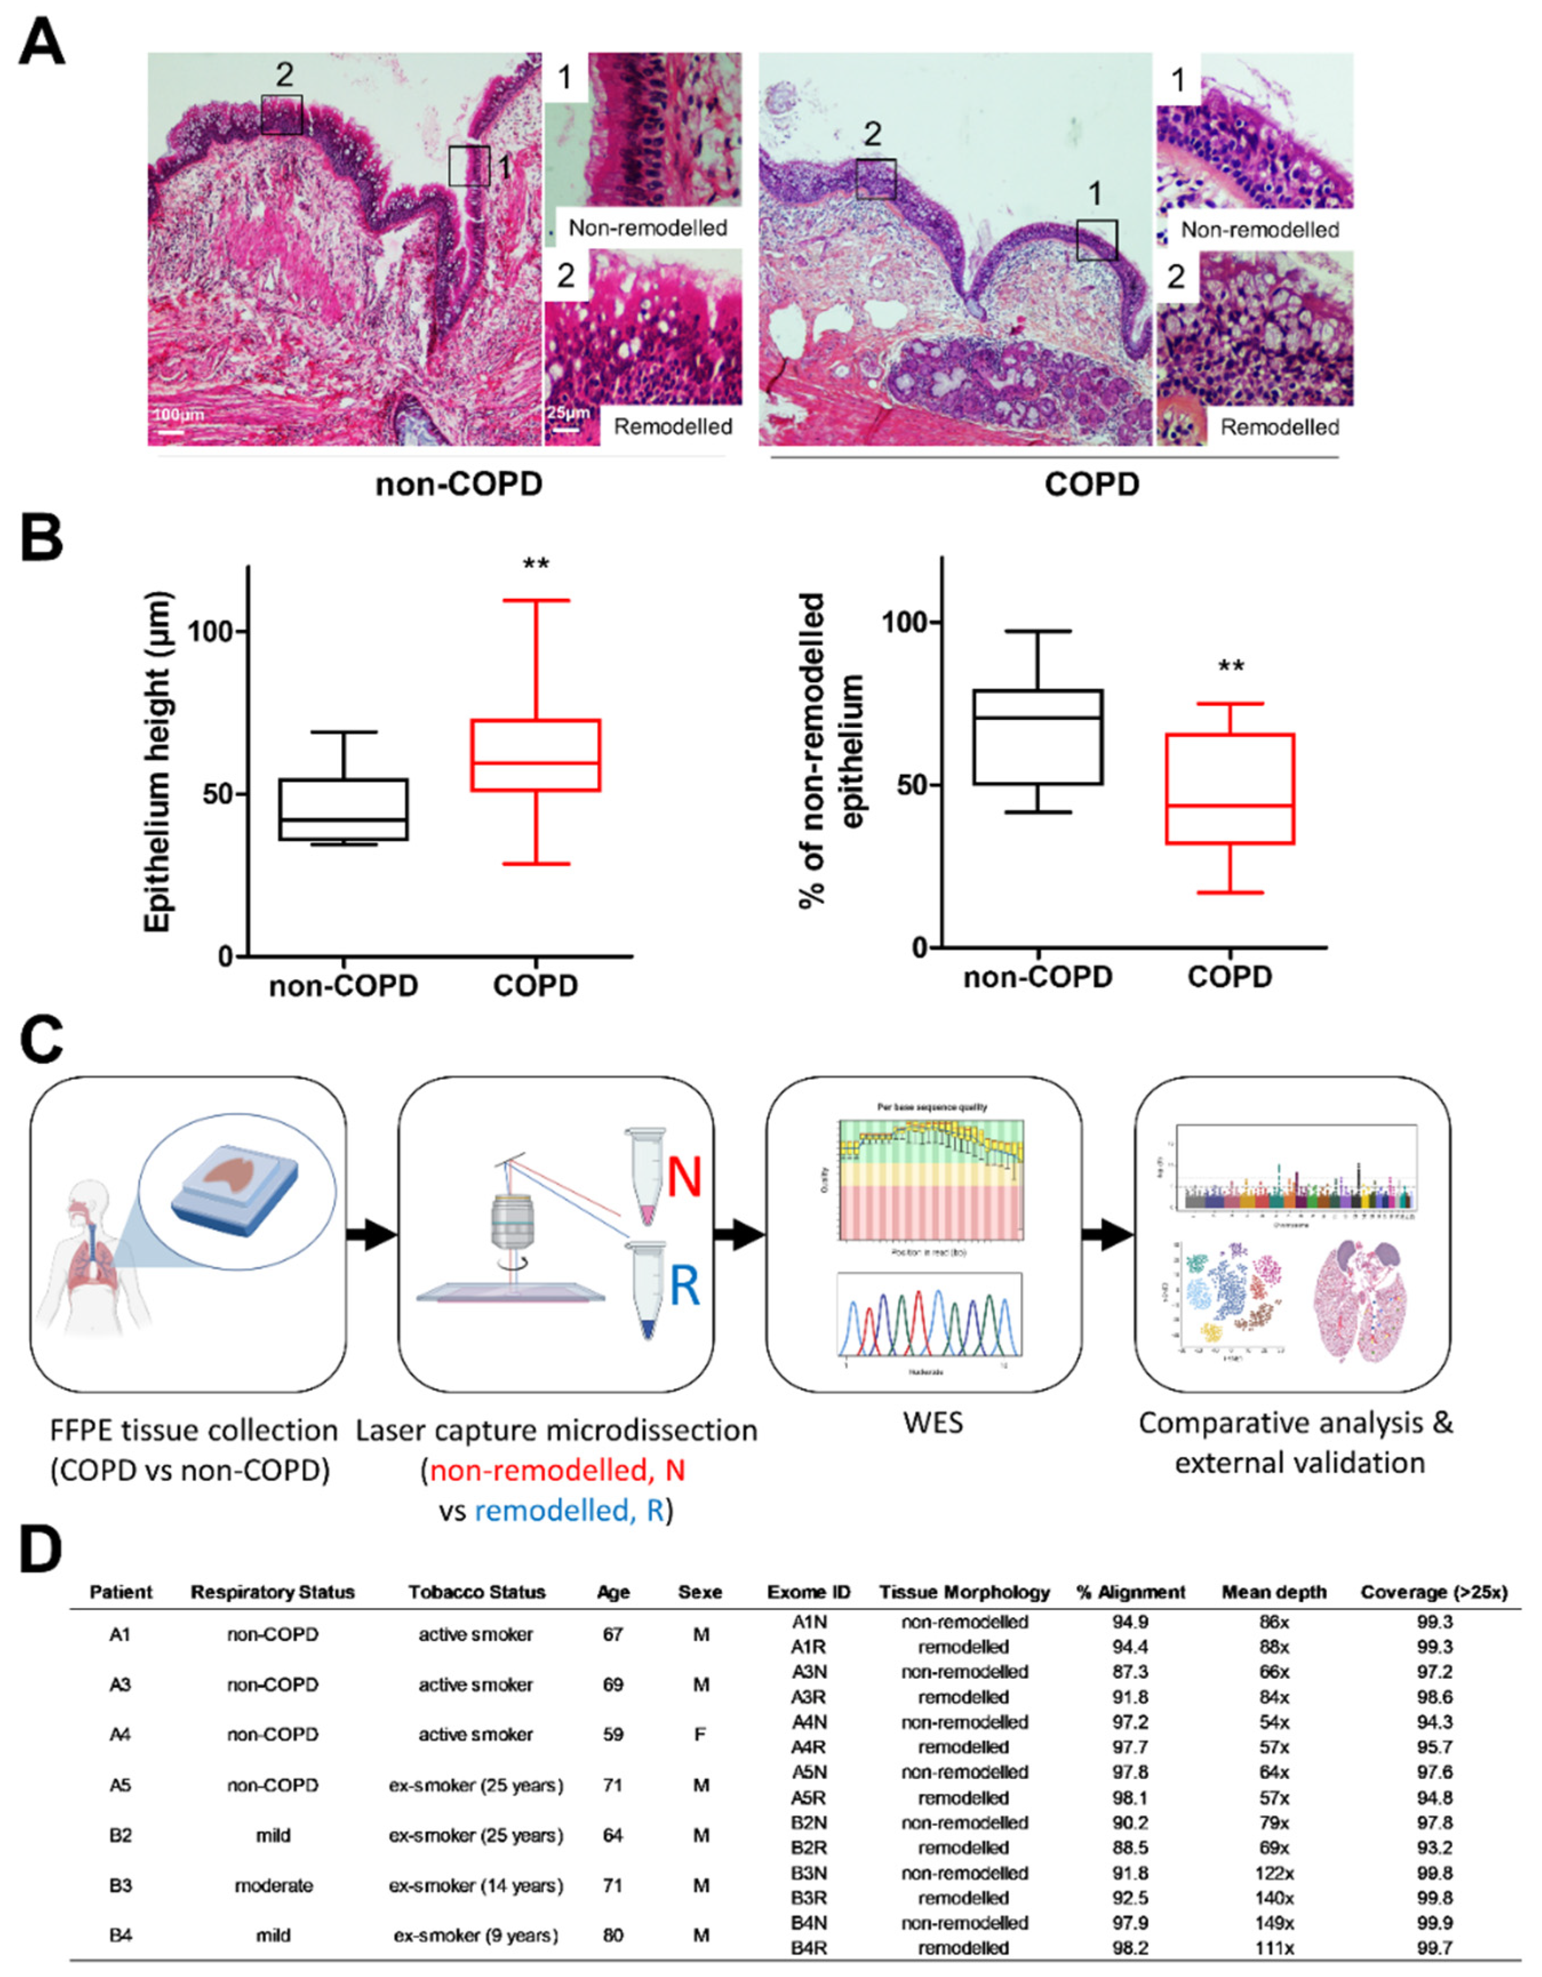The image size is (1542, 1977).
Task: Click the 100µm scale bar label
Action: [x=178, y=415]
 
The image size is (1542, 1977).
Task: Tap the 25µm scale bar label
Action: [x=568, y=413]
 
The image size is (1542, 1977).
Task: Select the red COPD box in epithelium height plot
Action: [x=535, y=755]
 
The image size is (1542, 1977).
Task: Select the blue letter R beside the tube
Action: [x=685, y=1286]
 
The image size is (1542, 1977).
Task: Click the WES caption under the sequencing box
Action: [x=933, y=1422]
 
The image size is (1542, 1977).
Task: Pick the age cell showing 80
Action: [x=613, y=1935]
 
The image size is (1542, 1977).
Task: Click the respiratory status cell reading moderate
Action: [x=273, y=1886]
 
